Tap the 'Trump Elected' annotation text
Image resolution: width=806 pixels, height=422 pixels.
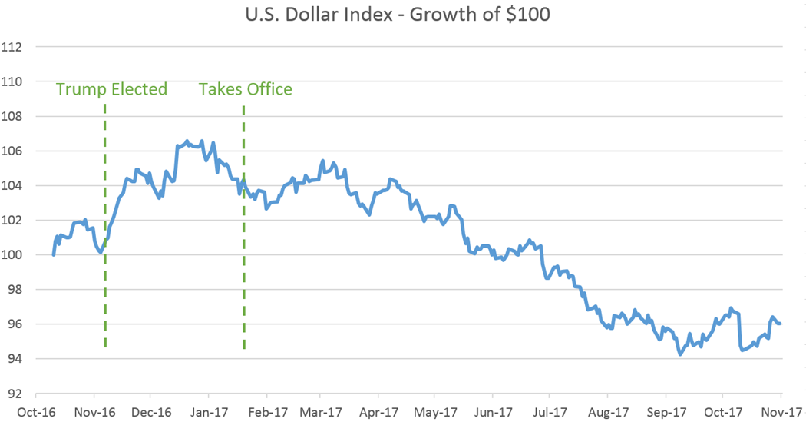(x=111, y=89)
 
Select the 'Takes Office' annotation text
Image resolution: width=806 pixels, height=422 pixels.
(x=246, y=89)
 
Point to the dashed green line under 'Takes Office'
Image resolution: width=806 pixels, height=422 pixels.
(x=244, y=231)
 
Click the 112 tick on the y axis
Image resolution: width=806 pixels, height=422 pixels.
(x=15, y=47)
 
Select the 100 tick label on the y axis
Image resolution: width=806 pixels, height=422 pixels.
(x=15, y=255)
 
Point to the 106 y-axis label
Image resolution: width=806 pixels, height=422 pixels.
(x=15, y=151)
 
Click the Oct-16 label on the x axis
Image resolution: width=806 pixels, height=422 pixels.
(x=38, y=412)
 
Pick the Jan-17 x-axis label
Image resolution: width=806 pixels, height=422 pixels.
(x=208, y=412)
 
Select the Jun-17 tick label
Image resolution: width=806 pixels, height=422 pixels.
(x=493, y=412)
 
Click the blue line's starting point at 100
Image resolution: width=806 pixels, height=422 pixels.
(x=53, y=254)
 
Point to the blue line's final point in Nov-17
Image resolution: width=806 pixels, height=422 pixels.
(x=781, y=324)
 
